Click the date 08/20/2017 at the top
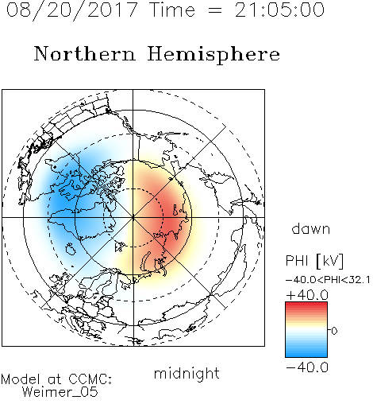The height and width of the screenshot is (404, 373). (72, 10)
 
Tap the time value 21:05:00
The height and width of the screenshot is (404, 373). (279, 10)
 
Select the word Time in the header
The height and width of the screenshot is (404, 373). (172, 10)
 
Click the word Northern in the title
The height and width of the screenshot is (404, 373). (85, 53)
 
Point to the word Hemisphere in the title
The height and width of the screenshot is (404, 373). (213, 55)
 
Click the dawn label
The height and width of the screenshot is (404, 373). (311, 228)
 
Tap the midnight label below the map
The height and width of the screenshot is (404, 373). (186, 373)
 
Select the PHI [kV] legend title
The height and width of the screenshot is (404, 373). (314, 261)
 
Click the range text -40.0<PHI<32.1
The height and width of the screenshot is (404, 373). (328, 280)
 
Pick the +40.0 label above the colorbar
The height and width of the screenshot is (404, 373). (307, 295)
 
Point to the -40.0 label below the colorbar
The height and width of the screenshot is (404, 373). (307, 367)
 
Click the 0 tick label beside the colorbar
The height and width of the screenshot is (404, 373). (334, 331)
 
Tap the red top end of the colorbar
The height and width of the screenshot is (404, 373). (306, 304)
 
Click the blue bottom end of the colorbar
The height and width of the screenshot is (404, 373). (306, 355)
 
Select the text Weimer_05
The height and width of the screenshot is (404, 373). (60, 392)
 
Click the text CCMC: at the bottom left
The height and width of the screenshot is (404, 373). (90, 379)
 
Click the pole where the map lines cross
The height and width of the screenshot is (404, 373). (133, 217)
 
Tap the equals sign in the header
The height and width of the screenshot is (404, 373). (215, 10)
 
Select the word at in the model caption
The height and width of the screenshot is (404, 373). (54, 379)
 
